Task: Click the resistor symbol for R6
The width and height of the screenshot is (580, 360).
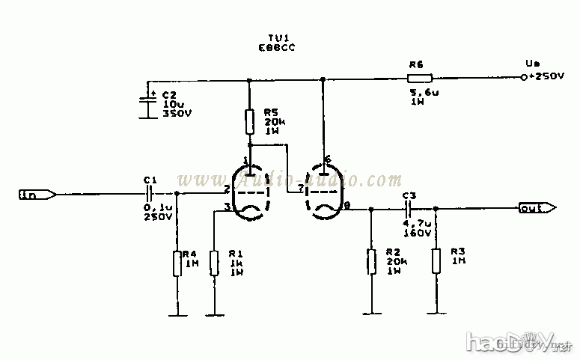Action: [x=419, y=77]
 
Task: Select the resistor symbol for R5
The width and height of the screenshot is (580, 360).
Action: [x=250, y=121]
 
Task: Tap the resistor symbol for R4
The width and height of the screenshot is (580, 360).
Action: [x=177, y=263]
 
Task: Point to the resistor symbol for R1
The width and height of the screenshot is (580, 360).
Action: [x=215, y=263]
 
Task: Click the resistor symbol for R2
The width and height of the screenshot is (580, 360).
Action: [x=370, y=262]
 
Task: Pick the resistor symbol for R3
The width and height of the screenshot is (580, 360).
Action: [x=436, y=262]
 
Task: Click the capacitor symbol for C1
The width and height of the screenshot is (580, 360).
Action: [x=150, y=194]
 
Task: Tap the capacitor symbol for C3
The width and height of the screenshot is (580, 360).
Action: [x=409, y=209]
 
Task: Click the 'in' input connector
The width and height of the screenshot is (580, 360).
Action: [x=37, y=195]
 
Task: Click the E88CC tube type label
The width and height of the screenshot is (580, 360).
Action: [x=274, y=47]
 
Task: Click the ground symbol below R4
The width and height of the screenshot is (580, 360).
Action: [x=177, y=314]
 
